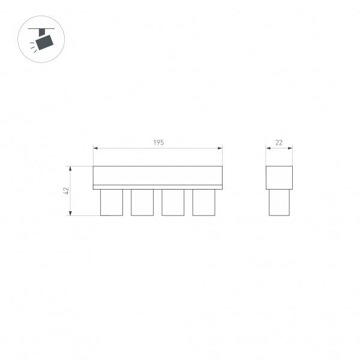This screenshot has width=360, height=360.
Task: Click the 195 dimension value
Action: (x=158, y=143)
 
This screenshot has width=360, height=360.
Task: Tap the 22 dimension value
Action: (x=279, y=143)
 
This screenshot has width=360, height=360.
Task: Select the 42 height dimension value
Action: (x=66, y=191)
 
